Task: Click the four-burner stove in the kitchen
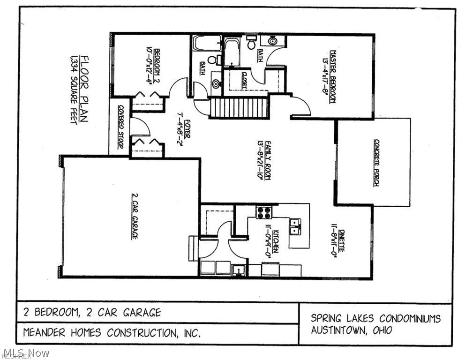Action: [263, 212]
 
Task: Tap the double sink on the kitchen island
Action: [295, 226]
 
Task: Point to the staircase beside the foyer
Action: [238, 108]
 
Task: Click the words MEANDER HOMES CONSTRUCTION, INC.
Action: [112, 333]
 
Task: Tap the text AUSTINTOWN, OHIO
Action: [352, 330]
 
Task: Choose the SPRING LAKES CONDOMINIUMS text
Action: [375, 318]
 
